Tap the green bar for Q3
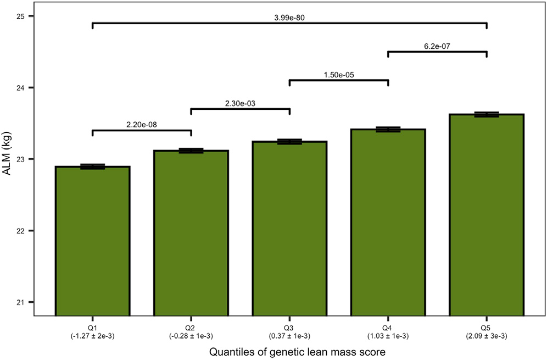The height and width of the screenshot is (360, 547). [x=289, y=228]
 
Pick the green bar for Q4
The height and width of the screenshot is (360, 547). [x=388, y=222]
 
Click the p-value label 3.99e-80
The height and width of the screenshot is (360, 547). [x=289, y=18]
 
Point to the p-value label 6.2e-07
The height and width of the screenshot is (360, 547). [x=437, y=46]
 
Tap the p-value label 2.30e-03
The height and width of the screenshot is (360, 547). [x=240, y=103]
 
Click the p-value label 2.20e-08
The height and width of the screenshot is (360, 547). [x=142, y=125]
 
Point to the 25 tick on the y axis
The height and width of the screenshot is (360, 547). [x=21, y=16]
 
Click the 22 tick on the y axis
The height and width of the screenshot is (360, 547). [x=21, y=231]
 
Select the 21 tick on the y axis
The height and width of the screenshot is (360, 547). [x=21, y=302]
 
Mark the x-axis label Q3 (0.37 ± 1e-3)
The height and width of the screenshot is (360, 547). [x=289, y=328]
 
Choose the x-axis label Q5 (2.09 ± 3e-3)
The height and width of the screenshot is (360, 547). [x=487, y=328]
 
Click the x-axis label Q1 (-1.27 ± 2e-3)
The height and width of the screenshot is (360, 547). [x=92, y=328]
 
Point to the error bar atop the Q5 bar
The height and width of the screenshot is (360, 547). [x=487, y=114]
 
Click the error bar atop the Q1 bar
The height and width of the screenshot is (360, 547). [x=92, y=167]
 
